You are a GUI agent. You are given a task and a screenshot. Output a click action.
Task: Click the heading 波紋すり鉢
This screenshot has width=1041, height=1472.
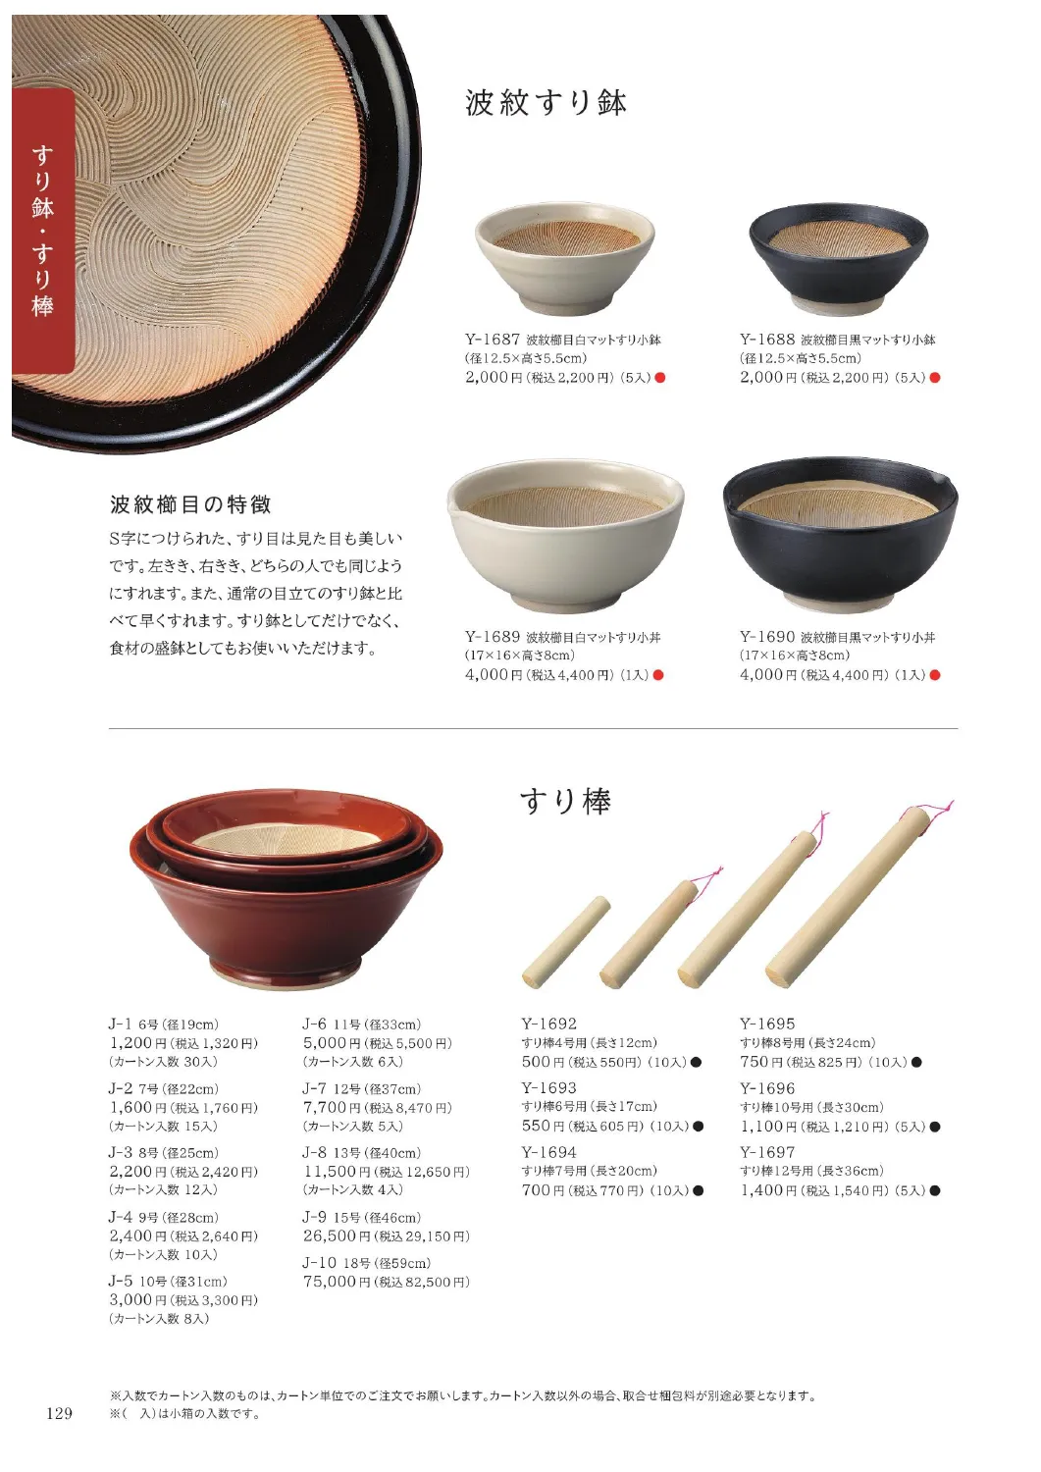[546, 103]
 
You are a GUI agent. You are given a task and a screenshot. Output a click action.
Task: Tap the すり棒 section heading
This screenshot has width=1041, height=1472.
[566, 801]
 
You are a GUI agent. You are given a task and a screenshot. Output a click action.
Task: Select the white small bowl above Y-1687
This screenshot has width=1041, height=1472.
[564, 257]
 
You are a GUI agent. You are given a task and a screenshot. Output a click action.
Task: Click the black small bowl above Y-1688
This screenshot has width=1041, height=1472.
[839, 258]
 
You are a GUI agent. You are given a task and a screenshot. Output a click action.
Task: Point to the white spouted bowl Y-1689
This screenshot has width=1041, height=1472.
[566, 532]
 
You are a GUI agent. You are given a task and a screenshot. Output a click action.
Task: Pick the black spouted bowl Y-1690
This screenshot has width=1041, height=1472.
[840, 532]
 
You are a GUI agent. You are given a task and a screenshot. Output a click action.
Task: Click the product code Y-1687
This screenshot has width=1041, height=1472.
[493, 340]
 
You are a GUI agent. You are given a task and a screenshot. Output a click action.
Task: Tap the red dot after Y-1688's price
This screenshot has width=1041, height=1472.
[935, 377]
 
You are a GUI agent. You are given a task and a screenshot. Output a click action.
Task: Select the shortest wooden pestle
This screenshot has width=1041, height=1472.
[566, 942]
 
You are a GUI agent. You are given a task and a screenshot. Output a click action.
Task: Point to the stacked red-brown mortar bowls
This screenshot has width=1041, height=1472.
[286, 889]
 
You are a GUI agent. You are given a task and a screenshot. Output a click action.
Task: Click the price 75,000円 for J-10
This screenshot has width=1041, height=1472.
[337, 1281]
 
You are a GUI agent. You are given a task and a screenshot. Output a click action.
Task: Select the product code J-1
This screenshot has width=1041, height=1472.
[121, 1024]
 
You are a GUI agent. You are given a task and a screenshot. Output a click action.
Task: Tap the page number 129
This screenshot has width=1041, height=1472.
[59, 1413]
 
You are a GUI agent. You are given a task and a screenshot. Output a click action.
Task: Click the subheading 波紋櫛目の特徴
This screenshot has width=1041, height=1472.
[190, 504]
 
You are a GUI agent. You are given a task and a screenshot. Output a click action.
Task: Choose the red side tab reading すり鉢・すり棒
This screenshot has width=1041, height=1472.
[43, 231]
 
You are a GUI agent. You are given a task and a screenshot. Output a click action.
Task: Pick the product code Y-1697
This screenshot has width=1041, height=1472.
[767, 1152]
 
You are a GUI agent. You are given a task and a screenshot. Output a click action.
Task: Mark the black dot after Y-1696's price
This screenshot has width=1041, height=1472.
[935, 1127]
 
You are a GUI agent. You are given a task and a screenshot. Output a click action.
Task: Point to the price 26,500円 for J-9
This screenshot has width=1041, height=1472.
[337, 1235]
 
